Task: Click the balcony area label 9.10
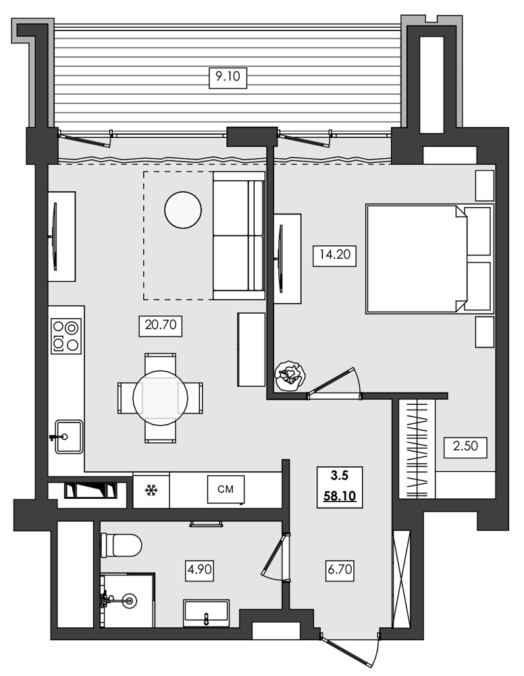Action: point(228,78)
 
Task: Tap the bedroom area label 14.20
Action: point(334,257)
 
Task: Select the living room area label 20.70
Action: point(161,326)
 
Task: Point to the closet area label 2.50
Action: point(465,448)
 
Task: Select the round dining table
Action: point(160,397)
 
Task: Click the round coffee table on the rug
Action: point(183,210)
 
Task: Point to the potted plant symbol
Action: point(290,375)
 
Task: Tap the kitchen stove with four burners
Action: point(65,336)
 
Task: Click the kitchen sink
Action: point(68,437)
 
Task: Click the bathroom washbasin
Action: point(207,612)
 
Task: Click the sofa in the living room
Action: point(238,235)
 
